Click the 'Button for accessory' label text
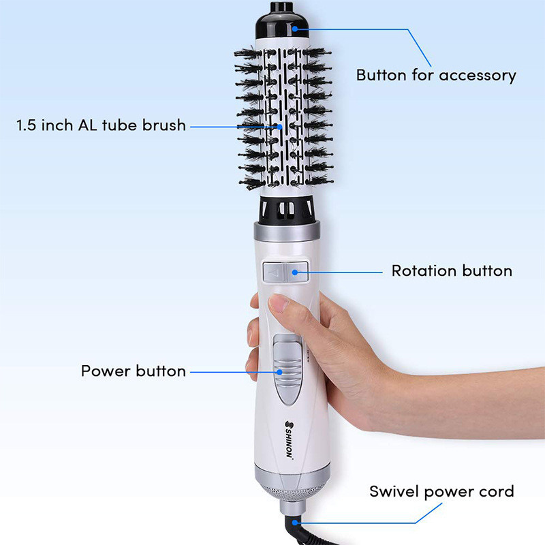[x=436, y=75]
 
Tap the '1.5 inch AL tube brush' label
[x=101, y=126]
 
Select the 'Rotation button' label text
[x=451, y=270]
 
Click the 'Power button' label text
[x=133, y=371]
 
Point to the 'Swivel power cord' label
[x=441, y=491]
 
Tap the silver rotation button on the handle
[x=285, y=272]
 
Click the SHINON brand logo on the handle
[x=289, y=439]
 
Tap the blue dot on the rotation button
[x=295, y=271]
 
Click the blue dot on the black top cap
[x=295, y=29]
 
